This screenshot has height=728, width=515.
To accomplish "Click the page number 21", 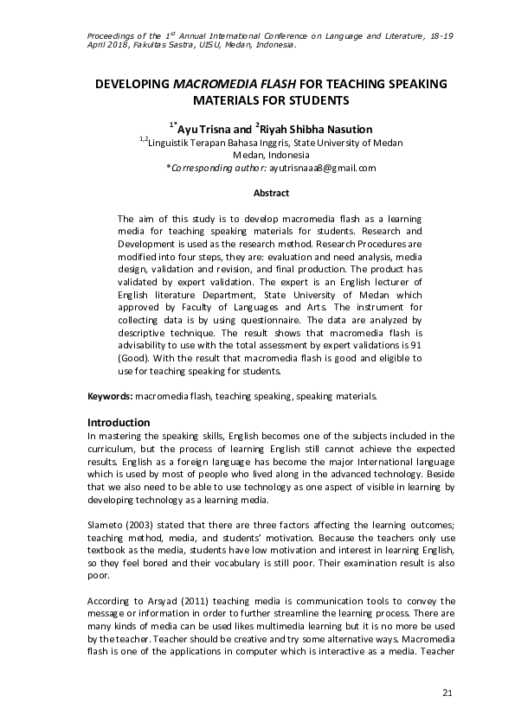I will (x=447, y=693).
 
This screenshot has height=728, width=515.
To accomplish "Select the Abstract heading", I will (x=270, y=193).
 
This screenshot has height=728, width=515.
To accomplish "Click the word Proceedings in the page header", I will (x=115, y=35).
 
